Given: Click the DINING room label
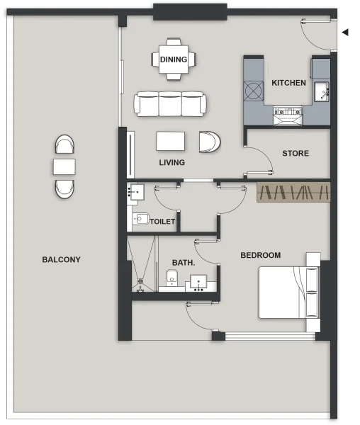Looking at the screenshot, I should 174,60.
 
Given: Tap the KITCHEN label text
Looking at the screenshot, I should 288,83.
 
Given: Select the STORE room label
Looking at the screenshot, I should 295,153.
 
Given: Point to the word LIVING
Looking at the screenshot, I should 171,162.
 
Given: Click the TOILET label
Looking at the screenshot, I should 162,222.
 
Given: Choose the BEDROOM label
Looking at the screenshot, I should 260,255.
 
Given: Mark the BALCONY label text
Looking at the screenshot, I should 61,260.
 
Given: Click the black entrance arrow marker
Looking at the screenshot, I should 345,32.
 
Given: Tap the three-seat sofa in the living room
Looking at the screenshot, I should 171,104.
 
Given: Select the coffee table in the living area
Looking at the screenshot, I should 171,142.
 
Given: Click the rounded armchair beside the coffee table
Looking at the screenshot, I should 210,142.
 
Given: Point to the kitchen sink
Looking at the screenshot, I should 321,92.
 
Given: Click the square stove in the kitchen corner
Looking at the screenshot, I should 253,91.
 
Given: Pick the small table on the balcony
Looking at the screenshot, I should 64,167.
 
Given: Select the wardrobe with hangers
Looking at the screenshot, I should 293,192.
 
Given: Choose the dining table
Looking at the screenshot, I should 174,59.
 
